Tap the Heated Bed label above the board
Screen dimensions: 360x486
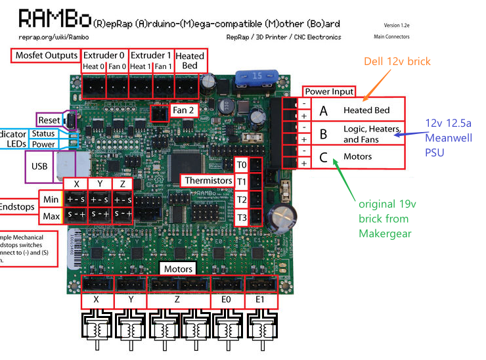[x=190, y=60]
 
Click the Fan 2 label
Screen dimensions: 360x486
[x=183, y=110]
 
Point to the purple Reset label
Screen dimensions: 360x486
[x=49, y=120]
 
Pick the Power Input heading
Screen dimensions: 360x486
[x=328, y=91]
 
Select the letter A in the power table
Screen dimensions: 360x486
[x=323, y=110]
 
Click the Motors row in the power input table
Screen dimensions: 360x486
[x=357, y=156]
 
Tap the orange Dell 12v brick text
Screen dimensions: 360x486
[x=397, y=61]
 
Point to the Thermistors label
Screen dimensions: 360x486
[x=208, y=180]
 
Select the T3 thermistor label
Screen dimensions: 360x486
[x=241, y=217]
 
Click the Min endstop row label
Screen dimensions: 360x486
[x=51, y=199]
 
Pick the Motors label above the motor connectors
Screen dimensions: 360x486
[x=178, y=269]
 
